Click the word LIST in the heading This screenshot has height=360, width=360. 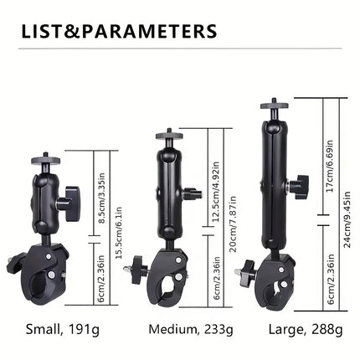pyautogui.click(x=42, y=31)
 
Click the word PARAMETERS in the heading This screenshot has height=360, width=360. pyautogui.click(x=149, y=31)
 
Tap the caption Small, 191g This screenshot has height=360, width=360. pyautogui.click(x=63, y=330)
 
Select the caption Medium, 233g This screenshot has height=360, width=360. pyautogui.click(x=191, y=330)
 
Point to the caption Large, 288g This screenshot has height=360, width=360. pyautogui.click(x=306, y=330)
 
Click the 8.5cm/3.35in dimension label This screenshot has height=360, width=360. pyautogui.click(x=102, y=198)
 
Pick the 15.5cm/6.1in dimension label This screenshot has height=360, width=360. pyautogui.click(x=119, y=233)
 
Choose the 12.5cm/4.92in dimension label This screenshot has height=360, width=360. pyautogui.click(x=215, y=192)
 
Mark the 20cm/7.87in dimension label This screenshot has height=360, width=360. pyautogui.click(x=233, y=224)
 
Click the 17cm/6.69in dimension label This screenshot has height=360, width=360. pyautogui.click(x=330, y=166)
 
